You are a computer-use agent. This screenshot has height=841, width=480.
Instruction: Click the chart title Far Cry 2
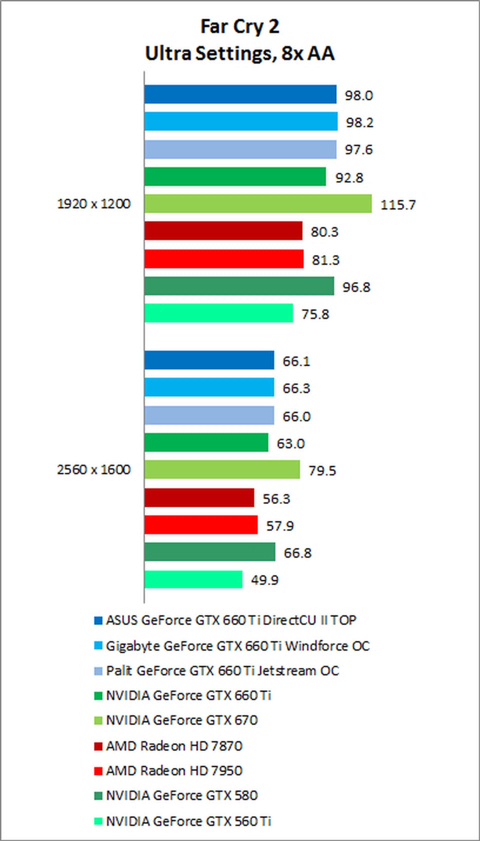click(240, 27)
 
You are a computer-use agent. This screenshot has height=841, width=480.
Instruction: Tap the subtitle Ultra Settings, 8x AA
click(240, 54)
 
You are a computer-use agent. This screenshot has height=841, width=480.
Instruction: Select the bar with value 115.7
click(258, 204)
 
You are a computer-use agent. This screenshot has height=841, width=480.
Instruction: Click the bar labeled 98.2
click(241, 121)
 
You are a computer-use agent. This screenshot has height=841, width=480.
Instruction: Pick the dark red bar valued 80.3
click(223, 231)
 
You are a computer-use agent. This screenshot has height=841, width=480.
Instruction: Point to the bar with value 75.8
click(218, 313)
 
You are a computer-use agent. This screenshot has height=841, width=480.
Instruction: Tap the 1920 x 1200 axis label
click(94, 204)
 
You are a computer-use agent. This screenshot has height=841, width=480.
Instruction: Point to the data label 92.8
click(349, 178)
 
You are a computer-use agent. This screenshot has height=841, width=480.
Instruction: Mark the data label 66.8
click(297, 553)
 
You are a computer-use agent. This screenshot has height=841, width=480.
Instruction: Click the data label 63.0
click(290, 444)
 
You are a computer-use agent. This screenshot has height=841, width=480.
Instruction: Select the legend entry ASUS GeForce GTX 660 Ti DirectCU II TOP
click(231, 620)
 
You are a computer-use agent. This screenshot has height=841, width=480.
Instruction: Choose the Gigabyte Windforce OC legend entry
click(237, 646)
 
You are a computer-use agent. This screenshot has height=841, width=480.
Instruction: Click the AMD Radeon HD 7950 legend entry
click(174, 771)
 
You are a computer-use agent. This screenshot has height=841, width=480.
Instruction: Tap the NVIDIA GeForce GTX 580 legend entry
click(181, 795)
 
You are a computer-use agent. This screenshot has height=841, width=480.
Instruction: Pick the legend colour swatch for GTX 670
click(98, 720)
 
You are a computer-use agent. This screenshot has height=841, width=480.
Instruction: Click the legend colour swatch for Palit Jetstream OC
click(98, 671)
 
